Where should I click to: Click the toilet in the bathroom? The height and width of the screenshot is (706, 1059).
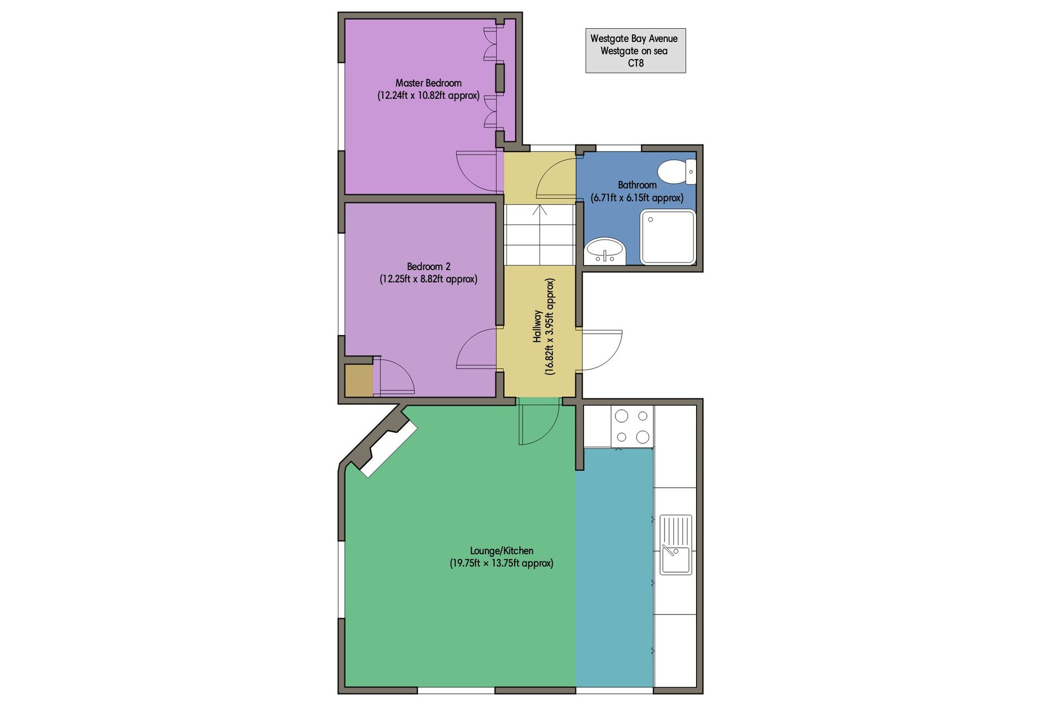[x=676, y=172]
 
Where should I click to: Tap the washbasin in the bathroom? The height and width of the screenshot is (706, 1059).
[x=605, y=252]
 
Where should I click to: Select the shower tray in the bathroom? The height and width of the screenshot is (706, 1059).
[x=667, y=237]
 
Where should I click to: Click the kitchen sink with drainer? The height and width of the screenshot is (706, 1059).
[x=676, y=544]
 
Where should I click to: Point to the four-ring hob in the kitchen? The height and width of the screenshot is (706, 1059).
[x=632, y=426]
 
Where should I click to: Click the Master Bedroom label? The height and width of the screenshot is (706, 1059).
[x=429, y=83]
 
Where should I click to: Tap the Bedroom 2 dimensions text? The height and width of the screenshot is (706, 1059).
[x=429, y=279]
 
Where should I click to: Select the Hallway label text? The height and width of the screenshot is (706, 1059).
[x=537, y=326]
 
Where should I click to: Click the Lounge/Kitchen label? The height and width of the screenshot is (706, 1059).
[x=501, y=550]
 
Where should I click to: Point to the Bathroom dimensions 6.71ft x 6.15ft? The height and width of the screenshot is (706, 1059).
[x=637, y=197]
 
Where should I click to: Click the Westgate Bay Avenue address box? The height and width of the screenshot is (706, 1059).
[x=635, y=51]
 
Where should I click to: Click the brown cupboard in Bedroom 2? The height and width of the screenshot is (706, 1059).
[x=359, y=380]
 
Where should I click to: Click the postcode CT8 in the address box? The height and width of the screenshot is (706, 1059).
[x=635, y=63]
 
